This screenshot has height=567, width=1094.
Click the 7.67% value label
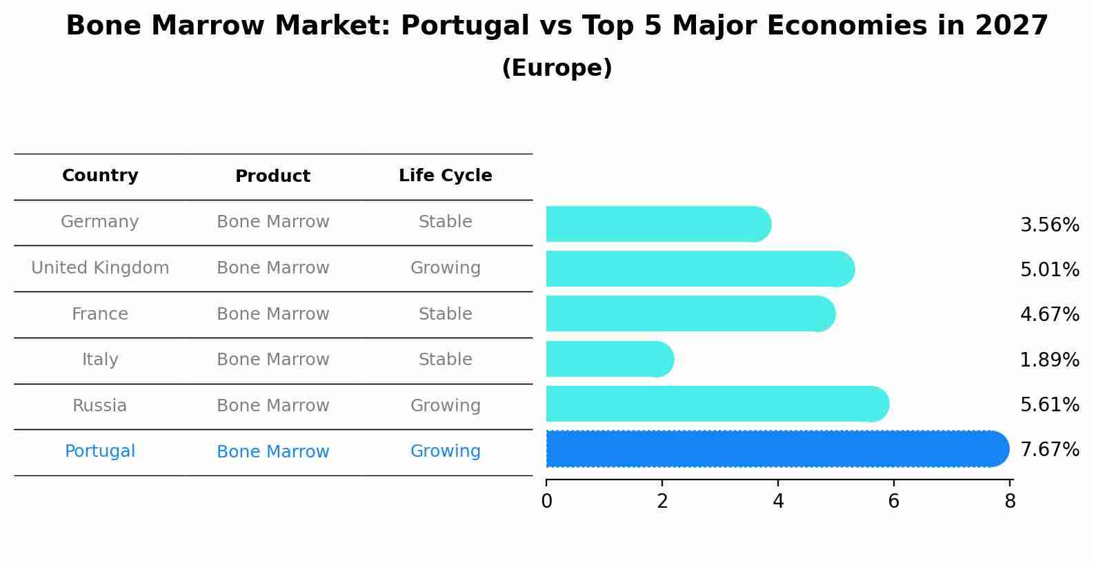(x=1049, y=450)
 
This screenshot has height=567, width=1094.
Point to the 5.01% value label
(x=1049, y=270)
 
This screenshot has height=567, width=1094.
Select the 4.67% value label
(x=1049, y=315)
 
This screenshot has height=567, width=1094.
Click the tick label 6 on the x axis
(x=893, y=502)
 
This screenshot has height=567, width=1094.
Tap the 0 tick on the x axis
(x=546, y=502)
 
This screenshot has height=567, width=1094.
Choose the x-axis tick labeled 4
(x=778, y=502)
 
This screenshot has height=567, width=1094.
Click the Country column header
(x=100, y=176)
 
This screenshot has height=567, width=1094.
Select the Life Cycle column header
(x=445, y=176)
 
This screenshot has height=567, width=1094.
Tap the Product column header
(x=272, y=176)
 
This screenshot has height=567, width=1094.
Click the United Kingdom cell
(x=100, y=268)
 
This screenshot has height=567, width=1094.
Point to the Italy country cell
(x=100, y=360)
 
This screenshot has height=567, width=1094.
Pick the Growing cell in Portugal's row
(x=445, y=451)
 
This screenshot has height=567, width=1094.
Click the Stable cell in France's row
(x=445, y=314)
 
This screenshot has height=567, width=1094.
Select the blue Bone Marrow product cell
(x=272, y=452)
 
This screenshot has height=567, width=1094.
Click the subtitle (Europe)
(x=557, y=68)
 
